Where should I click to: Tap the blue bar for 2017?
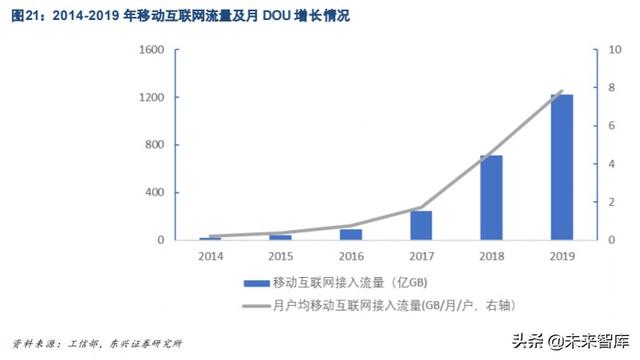click(x=421, y=226)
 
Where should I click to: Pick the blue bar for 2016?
click(x=351, y=235)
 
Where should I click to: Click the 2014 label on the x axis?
click(x=210, y=257)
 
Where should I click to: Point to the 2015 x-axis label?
click(x=280, y=257)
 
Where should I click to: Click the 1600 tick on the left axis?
click(x=151, y=50)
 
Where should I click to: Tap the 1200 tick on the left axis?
click(x=151, y=98)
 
